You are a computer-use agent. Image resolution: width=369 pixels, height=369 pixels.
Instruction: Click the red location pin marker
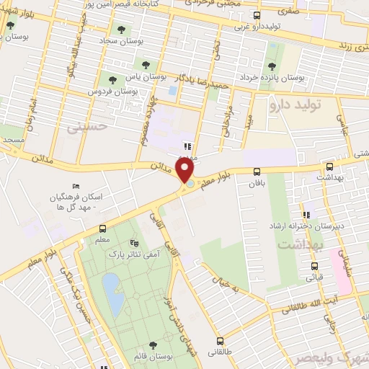[186, 171]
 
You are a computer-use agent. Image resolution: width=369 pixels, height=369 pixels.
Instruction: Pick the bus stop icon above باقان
[257, 172]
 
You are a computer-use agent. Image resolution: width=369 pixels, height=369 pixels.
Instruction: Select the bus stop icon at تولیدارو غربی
[257, 15]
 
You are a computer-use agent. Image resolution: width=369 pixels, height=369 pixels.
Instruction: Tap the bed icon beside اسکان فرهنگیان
[77, 186]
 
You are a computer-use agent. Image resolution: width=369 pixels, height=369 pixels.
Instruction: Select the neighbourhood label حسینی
[86, 128]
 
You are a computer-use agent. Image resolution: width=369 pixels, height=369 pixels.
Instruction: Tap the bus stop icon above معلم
[102, 228]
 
